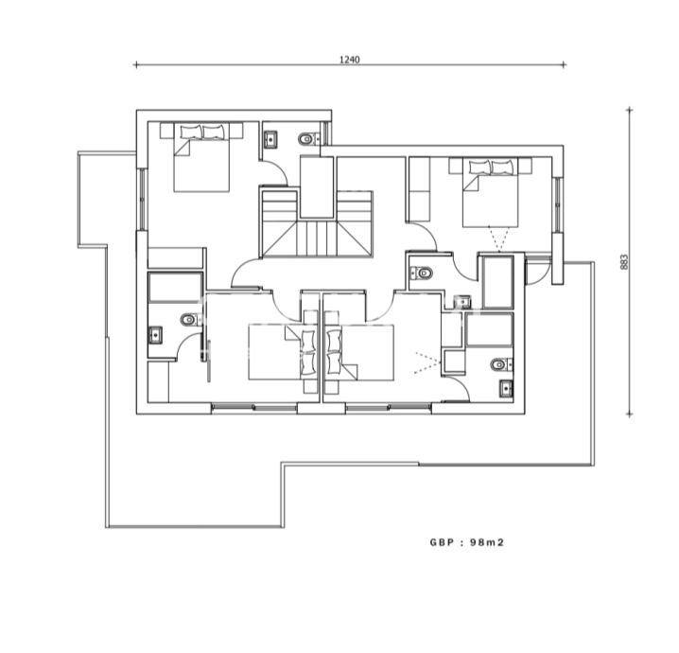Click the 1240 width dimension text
(349, 60)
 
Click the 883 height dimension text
(624, 262)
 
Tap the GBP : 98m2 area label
(467, 542)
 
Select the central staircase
(317, 224)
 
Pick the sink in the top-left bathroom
(271, 139)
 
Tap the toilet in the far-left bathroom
(190, 320)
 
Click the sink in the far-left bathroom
(155, 335)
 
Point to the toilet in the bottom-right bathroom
(501, 364)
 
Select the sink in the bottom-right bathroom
(506, 388)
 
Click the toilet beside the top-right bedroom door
(422, 273)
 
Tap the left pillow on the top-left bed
(191, 132)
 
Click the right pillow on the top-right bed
(502, 168)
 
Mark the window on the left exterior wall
(142, 199)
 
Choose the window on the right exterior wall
(558, 204)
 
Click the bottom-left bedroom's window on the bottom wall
(254, 407)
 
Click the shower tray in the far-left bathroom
(175, 288)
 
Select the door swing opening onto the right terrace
(538, 273)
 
